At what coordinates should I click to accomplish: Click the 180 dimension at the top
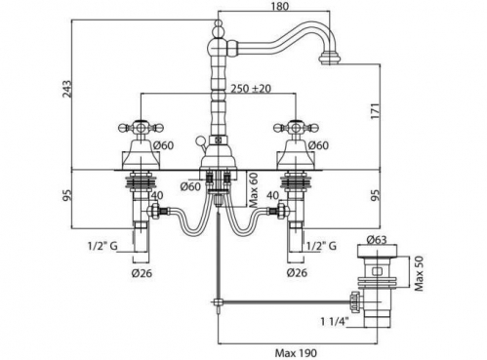pyautogui.click(x=280, y=6)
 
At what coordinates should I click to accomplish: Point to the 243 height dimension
pyautogui.click(x=67, y=89)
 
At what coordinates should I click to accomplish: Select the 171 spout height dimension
pyautogui.click(x=375, y=111)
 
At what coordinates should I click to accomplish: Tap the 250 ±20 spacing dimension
pyautogui.click(x=251, y=88)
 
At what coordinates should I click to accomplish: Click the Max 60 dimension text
pyautogui.click(x=254, y=190)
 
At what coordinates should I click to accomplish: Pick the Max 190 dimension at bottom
pyautogui.click(x=296, y=353)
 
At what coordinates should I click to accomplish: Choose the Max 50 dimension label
pyautogui.click(x=420, y=274)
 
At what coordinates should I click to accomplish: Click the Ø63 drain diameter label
pyautogui.click(x=377, y=240)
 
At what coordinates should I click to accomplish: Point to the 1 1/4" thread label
pyautogui.click(x=335, y=322)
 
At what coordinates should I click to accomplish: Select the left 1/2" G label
pyautogui.click(x=102, y=246)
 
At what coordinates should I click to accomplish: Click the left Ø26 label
pyautogui.click(x=142, y=273)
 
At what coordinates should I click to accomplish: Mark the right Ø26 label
pyautogui.click(x=297, y=272)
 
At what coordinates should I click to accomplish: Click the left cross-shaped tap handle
pyautogui.click(x=141, y=127)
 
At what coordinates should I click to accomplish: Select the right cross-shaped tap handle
pyautogui.click(x=296, y=127)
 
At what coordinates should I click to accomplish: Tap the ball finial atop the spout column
pyautogui.click(x=219, y=27)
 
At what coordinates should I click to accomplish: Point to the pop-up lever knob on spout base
pyautogui.click(x=199, y=140)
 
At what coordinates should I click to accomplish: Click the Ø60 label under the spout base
pyautogui.click(x=191, y=186)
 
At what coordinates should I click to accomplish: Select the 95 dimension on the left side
pyautogui.click(x=67, y=195)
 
